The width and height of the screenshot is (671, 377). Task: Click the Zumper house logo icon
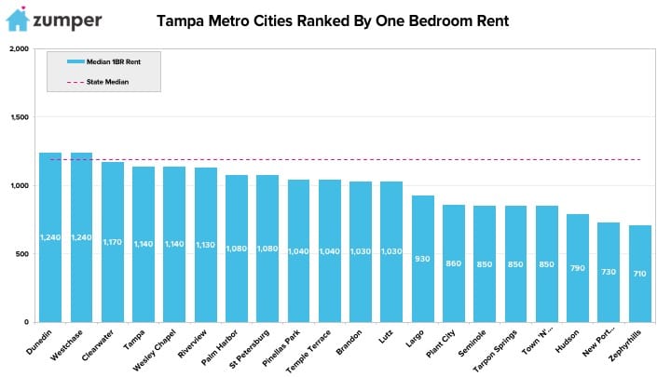point(18,20)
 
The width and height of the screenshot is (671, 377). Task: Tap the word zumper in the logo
point(67,20)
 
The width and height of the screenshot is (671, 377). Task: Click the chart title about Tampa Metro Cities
point(333,20)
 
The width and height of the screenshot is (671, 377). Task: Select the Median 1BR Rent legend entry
point(104,62)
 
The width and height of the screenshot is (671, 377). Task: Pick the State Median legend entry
point(98,82)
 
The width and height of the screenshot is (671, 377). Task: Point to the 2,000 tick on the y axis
point(20,48)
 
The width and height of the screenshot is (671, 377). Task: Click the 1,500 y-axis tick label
point(20,117)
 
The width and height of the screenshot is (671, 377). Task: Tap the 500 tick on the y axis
point(22,254)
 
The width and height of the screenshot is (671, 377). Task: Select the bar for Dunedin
point(50,237)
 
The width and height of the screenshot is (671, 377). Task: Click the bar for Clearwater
point(113,242)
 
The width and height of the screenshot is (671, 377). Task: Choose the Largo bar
point(423,259)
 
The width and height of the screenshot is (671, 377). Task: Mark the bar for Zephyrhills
point(639,274)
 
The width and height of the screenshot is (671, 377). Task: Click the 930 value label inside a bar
point(422,259)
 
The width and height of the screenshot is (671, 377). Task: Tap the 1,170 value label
point(113,242)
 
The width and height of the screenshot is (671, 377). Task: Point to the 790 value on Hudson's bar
point(577,268)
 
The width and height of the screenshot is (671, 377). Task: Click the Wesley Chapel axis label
point(155,350)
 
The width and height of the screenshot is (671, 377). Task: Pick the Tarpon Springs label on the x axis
point(495,351)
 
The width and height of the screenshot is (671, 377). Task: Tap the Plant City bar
point(454,263)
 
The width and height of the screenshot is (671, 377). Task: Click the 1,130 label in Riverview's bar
point(205,245)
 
